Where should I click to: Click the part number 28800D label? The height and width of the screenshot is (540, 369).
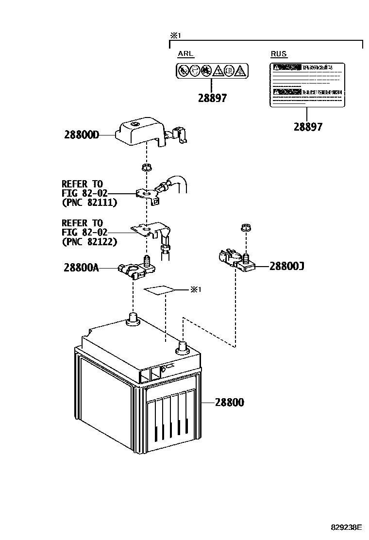pos(82,135)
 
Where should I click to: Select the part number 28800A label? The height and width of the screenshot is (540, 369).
pos(81,268)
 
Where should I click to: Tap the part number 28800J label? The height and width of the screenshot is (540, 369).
pos(287,266)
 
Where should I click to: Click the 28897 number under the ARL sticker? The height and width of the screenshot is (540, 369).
pos(212,98)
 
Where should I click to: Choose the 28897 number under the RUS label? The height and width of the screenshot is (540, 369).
pos(308,127)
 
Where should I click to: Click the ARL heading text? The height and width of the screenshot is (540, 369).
pos(186,54)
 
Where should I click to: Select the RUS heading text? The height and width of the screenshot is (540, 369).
pos(279,54)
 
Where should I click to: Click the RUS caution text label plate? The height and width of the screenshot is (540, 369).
pos(307,84)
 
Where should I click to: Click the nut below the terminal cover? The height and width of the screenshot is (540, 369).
pos(145,168)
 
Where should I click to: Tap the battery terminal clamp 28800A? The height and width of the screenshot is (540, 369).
pos(135,269)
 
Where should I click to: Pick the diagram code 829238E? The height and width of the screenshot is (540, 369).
pos(347,527)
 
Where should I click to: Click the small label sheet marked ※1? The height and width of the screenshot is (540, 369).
pos(159,290)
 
